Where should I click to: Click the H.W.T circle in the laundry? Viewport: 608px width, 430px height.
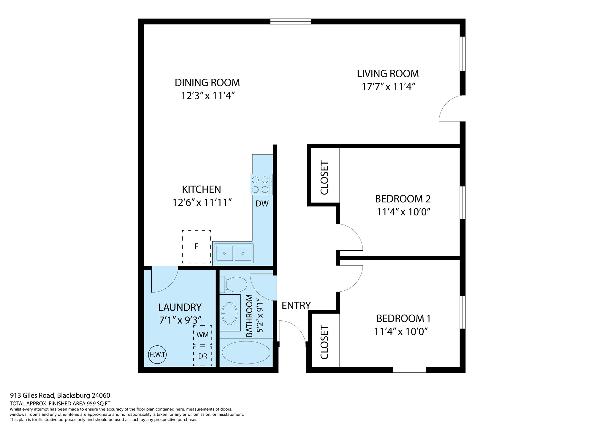point(157,355)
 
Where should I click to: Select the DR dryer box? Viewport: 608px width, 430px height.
point(203,356)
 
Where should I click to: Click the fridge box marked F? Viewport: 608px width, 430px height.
point(196,246)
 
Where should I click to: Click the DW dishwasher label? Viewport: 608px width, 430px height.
point(262,204)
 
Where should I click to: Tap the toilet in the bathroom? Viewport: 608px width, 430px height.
point(233,284)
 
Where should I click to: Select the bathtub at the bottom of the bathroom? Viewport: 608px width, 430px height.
point(246,352)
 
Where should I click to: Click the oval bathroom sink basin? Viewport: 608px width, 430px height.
point(229,313)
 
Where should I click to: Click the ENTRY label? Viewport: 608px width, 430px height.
point(296,306)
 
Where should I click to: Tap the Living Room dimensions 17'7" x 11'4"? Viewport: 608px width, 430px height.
point(388,87)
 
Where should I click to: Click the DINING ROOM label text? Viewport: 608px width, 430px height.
point(207,83)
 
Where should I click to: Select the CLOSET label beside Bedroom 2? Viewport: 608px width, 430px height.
point(324,178)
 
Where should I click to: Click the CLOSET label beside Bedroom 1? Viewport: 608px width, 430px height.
point(324,342)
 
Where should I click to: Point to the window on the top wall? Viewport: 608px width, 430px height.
point(291,21)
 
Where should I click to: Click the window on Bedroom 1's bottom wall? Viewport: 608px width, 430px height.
point(409,370)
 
